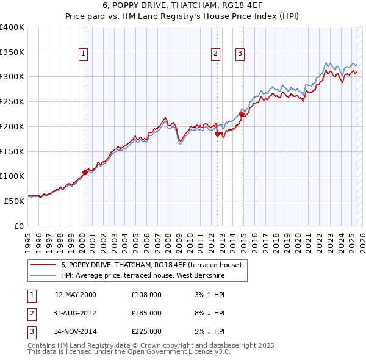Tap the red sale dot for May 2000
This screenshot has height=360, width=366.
click(x=85, y=172)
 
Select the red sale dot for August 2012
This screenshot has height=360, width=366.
click(x=217, y=134)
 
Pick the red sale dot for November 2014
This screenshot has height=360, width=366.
click(x=242, y=114)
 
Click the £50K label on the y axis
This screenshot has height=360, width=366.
click(x=15, y=200)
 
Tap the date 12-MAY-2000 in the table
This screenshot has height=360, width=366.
click(x=76, y=294)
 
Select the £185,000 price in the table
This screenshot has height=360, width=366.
click(x=146, y=313)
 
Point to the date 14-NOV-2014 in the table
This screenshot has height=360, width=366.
click(x=76, y=332)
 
